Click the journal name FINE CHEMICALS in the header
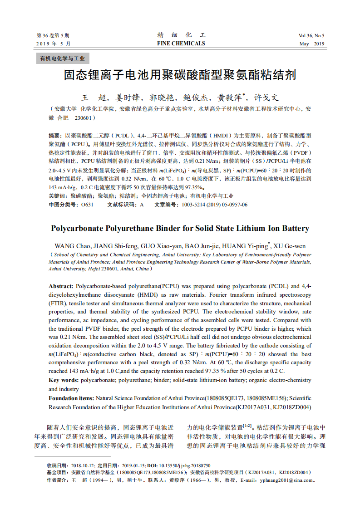point(181,44)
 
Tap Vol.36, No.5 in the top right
point(311,35)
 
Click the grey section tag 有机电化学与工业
point(63,59)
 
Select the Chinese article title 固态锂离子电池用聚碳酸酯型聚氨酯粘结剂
point(180,75)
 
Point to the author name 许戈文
point(266,98)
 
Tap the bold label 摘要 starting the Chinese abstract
point(54,136)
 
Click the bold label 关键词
point(57,196)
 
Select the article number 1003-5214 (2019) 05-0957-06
point(214,205)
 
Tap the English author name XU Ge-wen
point(290,246)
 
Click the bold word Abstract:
point(61,286)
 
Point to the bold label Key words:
point(64,380)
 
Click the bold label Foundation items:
point(71,398)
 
